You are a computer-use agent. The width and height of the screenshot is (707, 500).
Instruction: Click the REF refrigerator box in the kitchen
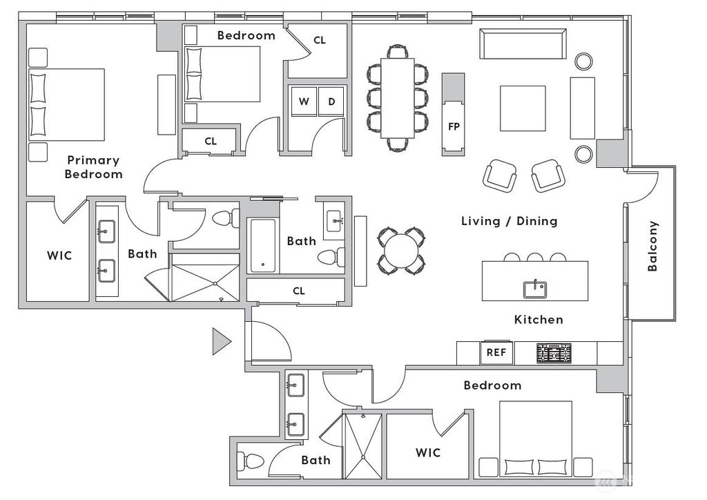(496, 352)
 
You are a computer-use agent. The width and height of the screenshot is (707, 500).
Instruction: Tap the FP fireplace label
(454, 127)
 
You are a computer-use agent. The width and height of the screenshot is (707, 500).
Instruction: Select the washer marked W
(304, 102)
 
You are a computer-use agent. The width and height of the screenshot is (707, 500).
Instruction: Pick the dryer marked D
(331, 102)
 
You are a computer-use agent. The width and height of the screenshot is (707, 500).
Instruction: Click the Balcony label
(652, 246)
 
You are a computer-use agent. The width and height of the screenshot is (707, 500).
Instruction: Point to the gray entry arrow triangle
(220, 341)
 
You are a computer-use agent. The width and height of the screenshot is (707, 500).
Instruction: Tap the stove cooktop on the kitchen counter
(555, 354)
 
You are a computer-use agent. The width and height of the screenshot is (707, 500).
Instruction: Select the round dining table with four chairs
(400, 250)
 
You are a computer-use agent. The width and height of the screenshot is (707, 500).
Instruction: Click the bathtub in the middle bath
(263, 247)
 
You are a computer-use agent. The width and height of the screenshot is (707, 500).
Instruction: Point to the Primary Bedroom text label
(93, 167)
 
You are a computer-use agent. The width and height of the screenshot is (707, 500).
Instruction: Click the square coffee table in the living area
(523, 108)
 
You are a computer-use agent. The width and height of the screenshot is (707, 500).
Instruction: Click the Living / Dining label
(509, 221)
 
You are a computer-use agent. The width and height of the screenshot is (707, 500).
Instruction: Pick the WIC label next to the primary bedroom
(59, 256)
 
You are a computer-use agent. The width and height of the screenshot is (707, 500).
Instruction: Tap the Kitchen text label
(539, 320)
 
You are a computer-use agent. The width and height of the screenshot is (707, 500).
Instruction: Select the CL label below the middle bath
(298, 291)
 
